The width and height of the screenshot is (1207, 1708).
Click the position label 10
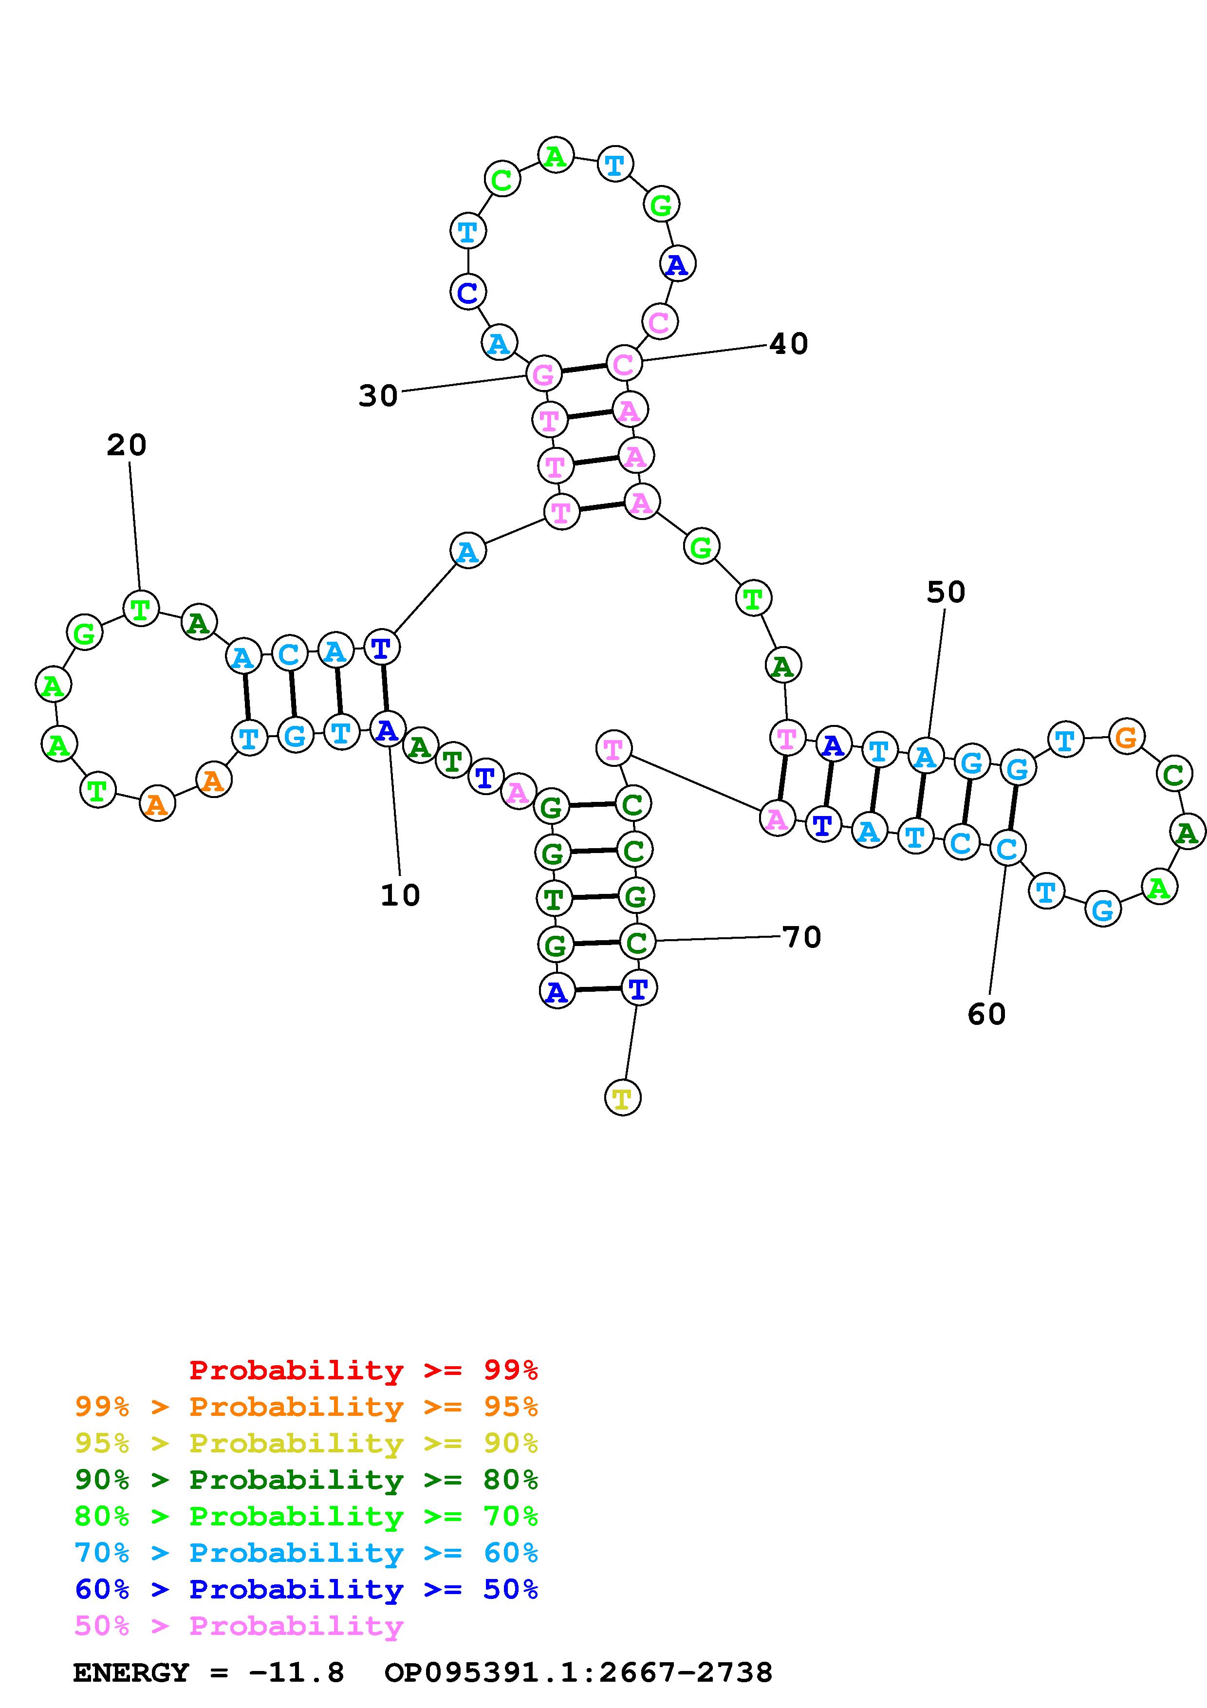[400, 895]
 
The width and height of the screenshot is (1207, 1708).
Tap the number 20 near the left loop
[127, 445]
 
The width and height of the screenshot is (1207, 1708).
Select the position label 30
[378, 396]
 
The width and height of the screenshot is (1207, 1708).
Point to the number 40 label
[788, 344]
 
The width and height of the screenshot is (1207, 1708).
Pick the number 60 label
[986, 1014]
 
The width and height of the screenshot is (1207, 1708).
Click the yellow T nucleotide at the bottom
[622, 1098]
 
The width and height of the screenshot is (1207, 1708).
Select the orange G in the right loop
[1127, 737]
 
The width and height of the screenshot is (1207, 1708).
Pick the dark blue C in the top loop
[468, 292]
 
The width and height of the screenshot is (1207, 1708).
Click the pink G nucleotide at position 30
[544, 374]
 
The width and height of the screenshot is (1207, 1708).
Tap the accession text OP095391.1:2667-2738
[578, 1672]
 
